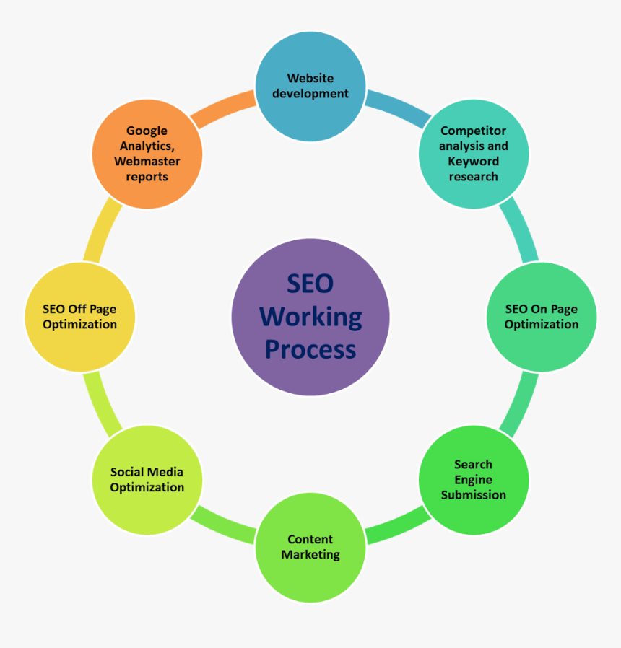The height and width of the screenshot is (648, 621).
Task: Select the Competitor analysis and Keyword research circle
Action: pos(474,154)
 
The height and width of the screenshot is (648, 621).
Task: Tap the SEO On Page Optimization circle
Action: pos(542,317)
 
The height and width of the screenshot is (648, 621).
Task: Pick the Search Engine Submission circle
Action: pos(474,479)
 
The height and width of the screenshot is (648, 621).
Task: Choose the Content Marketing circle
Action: pos(310,547)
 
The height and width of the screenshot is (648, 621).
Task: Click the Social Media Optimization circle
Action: pos(147,479)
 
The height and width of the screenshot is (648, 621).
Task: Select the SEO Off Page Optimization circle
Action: pos(79,317)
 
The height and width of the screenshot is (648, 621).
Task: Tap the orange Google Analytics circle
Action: pos(147,154)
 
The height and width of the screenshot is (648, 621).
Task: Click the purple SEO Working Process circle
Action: pos(310,317)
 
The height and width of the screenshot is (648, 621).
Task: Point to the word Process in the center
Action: pos(310,349)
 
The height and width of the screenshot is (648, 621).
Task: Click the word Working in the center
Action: pos(310,317)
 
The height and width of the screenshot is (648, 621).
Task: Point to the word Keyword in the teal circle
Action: pos(474,161)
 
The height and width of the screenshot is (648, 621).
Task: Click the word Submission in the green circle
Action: pos(474,495)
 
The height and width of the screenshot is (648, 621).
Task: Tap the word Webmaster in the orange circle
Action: pos(147,162)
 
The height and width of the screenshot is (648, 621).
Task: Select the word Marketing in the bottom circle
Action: pos(310,555)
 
